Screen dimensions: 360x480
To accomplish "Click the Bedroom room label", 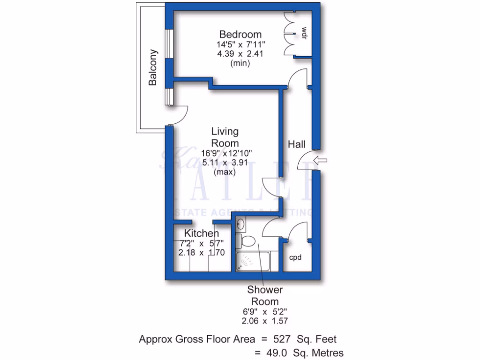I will [240, 34].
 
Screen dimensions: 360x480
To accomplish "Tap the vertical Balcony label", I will [153, 67].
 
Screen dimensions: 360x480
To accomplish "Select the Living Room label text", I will [225, 137].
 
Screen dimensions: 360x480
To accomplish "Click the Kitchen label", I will [201, 233].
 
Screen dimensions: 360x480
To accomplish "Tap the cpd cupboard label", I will [294, 257].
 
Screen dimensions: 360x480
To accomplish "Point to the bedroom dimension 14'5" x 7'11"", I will [240, 45].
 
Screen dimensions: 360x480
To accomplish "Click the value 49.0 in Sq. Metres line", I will [276, 352].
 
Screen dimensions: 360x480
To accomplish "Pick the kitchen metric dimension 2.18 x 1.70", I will [202, 252].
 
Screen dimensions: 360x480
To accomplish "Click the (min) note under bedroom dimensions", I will [240, 63].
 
